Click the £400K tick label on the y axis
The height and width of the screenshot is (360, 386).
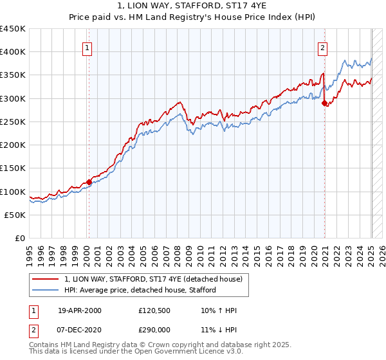click(13, 52)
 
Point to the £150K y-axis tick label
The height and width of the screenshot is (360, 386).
click(13, 168)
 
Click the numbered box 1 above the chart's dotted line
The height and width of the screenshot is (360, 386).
click(87, 47)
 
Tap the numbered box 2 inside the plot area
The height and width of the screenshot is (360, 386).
click(322, 47)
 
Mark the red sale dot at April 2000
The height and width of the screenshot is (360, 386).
click(89, 182)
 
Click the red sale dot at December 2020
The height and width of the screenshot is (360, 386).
click(325, 103)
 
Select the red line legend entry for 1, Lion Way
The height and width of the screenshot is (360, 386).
click(153, 279)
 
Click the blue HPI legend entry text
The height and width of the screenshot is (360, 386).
click(140, 290)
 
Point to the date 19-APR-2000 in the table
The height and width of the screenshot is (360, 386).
click(80, 310)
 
